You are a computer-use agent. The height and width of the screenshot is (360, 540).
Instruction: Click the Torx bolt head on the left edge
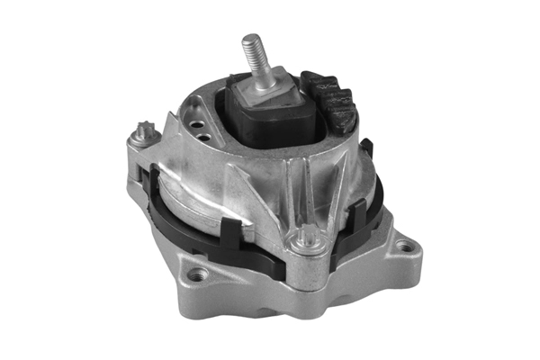pos(140,136)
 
